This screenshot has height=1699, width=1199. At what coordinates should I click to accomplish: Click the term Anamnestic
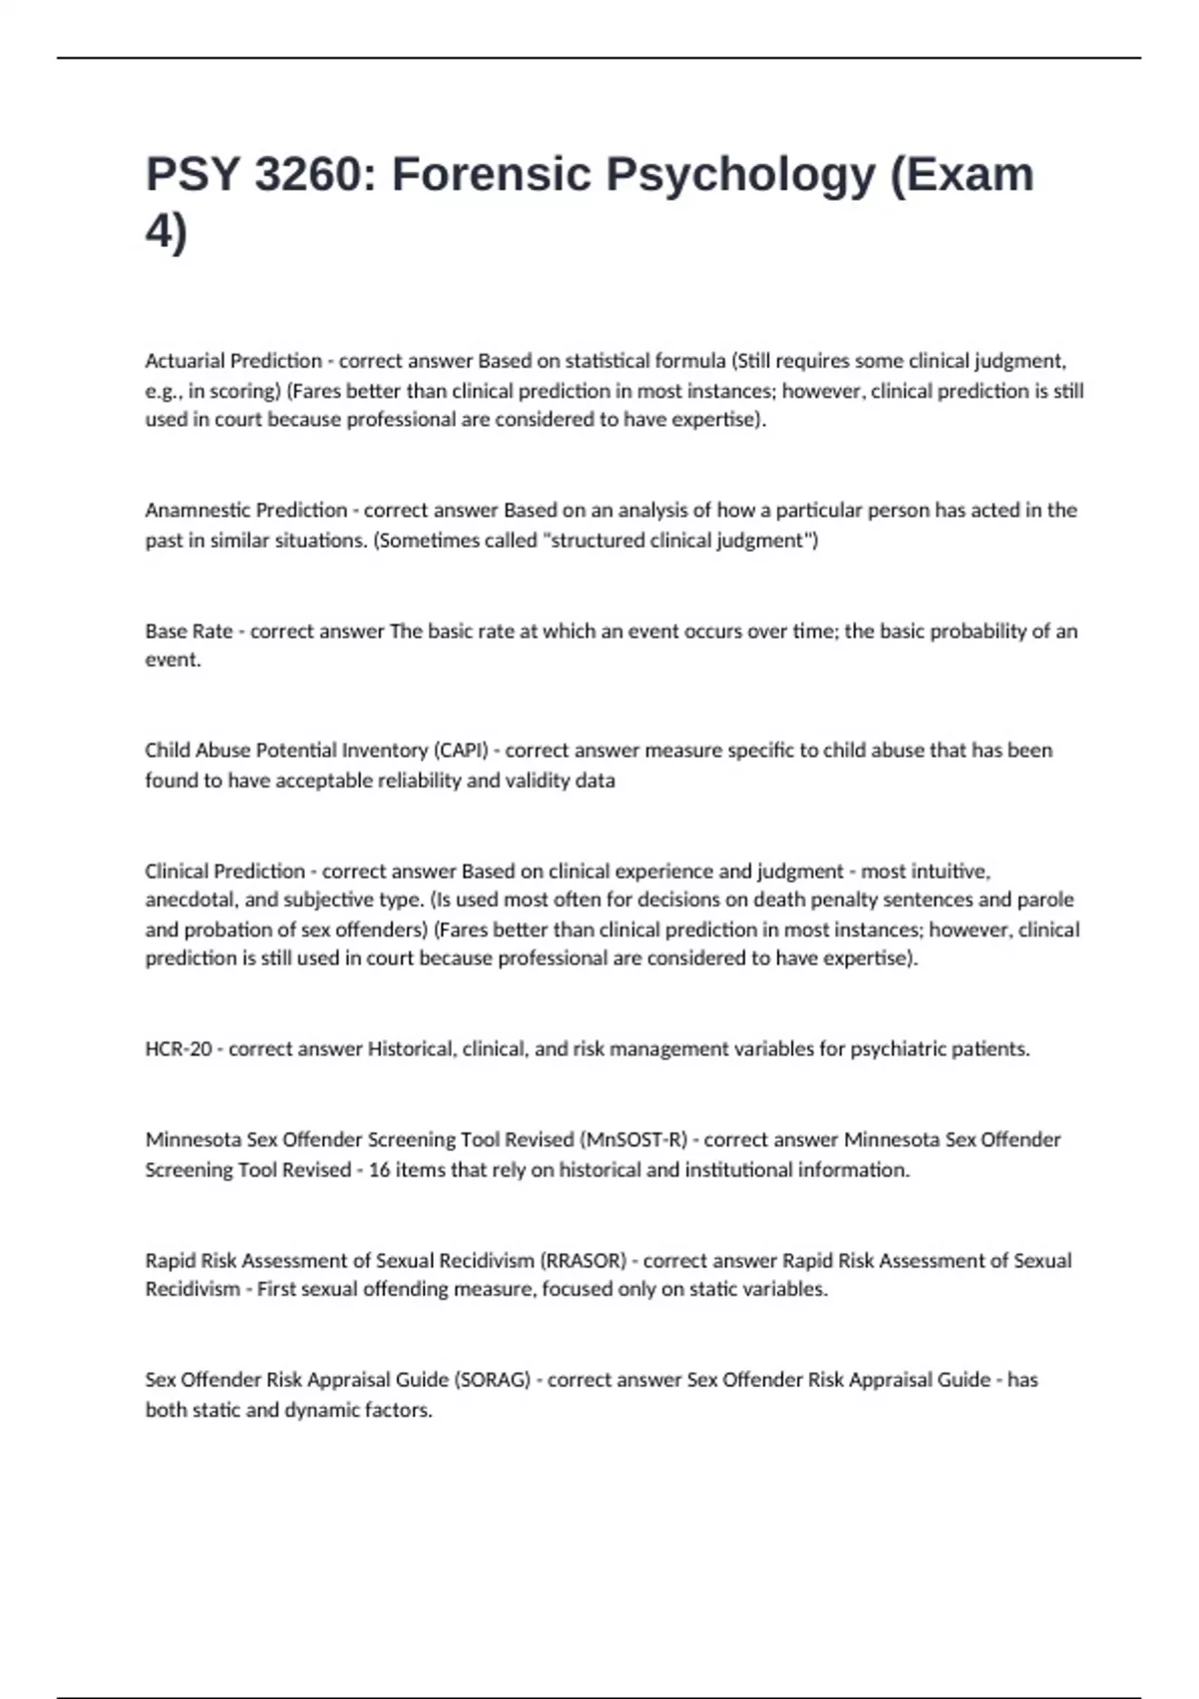click(196, 510)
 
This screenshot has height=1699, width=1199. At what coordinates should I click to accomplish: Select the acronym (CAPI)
click(461, 751)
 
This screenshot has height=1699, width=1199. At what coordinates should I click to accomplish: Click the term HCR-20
click(179, 1049)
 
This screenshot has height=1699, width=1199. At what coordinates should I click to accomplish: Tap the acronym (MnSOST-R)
click(633, 1140)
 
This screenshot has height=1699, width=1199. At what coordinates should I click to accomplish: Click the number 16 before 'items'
click(379, 1170)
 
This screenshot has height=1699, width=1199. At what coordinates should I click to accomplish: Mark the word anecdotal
click(187, 899)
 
